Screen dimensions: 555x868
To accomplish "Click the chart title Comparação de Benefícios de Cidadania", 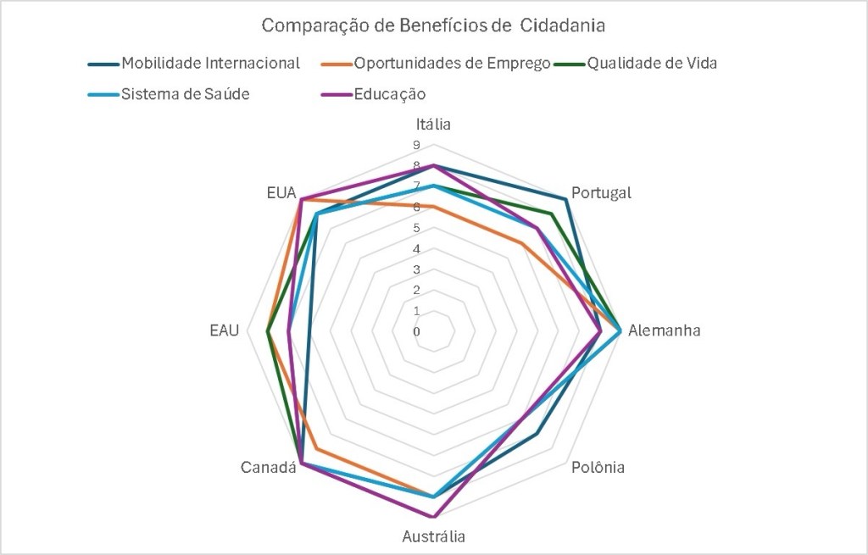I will pos(433,25).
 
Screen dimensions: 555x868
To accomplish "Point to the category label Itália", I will pos(433,124).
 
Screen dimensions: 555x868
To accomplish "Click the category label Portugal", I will pos(601,192).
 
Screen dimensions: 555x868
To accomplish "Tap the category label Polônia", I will pos(598,468).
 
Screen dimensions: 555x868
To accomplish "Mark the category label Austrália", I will pos(433,537).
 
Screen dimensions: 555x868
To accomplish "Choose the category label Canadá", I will pos(267,468).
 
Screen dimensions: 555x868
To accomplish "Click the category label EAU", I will pos(225,330).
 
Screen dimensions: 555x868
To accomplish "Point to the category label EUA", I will pos(281,192).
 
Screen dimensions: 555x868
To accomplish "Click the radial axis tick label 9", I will pos(416,145).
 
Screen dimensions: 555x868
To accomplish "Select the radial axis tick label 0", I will pos(416,331).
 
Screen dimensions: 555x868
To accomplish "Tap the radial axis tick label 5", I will pos(416,228).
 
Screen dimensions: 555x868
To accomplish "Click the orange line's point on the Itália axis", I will pos(433,207).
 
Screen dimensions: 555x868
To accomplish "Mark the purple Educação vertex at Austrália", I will pos(433,516).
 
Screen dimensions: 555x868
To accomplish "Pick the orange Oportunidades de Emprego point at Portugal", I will pos(521,243).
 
